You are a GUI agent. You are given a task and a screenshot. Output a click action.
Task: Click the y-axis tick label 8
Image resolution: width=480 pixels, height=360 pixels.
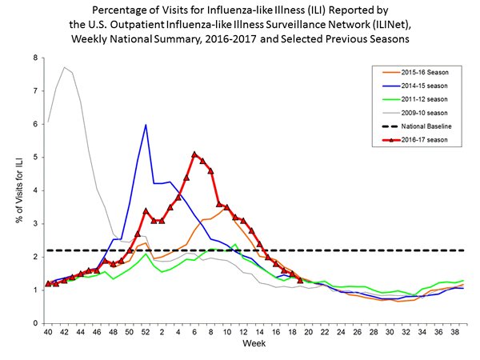tap(35, 58)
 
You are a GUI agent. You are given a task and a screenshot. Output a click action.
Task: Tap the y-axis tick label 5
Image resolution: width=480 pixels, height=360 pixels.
tap(35, 158)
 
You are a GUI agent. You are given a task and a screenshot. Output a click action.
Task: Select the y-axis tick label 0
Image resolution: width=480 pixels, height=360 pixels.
tap(35, 323)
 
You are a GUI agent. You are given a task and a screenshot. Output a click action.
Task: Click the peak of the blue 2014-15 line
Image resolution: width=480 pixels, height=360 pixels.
tap(146, 125)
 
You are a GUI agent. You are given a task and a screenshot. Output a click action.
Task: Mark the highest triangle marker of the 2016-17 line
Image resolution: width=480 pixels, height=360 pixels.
tap(194, 154)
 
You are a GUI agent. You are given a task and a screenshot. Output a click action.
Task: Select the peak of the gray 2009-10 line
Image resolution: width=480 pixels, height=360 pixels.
tap(64, 67)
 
